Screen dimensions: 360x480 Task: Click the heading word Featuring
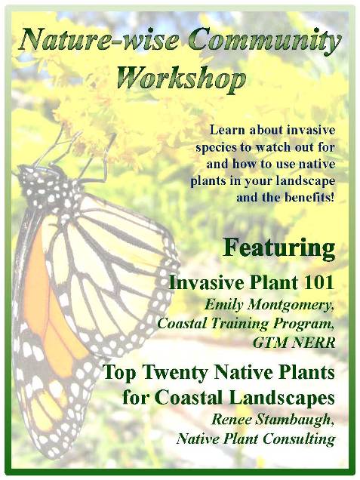(x=279, y=248)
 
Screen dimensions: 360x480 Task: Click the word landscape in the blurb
(x=306, y=182)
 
